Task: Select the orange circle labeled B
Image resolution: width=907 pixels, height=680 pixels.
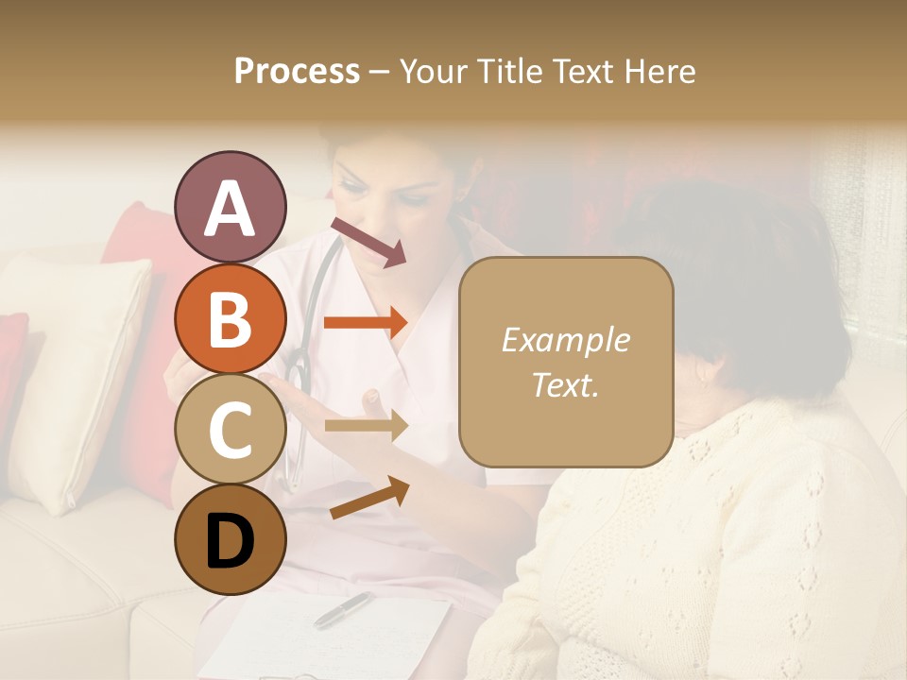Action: point(230,319)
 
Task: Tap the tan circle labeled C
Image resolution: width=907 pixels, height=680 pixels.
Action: point(230,429)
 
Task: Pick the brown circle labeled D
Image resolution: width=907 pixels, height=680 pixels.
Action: point(230,539)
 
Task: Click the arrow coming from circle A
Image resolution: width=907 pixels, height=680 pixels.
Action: point(368,241)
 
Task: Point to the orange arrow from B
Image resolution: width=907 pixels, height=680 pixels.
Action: point(366,323)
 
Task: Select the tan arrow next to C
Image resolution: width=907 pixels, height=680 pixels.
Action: point(366,426)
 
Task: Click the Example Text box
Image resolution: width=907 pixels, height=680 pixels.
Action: point(565,363)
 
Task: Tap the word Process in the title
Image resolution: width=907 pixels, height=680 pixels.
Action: point(297,71)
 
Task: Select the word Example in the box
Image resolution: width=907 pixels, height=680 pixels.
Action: point(565,340)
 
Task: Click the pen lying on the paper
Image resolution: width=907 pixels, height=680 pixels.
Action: point(343,610)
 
